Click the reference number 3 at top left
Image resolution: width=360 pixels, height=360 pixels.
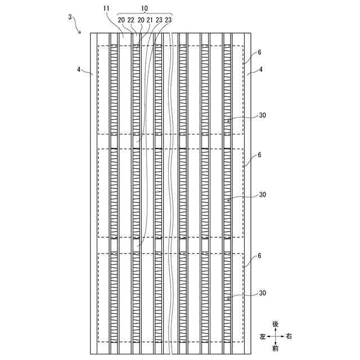click(x=70, y=17)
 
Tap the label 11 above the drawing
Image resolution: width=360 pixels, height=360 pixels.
click(x=107, y=8)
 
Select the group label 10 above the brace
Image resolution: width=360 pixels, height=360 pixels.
click(x=145, y=8)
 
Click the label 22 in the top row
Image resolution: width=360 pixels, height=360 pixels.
click(x=131, y=20)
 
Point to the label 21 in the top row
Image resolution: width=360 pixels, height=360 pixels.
click(x=150, y=20)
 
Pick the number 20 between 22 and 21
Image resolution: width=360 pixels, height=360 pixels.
click(x=141, y=20)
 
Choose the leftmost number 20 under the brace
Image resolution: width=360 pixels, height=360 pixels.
click(x=121, y=20)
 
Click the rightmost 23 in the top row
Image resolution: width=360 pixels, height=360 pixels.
click(x=168, y=20)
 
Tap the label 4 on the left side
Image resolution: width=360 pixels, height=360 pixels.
click(x=79, y=70)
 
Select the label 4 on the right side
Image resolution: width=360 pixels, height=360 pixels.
click(x=262, y=70)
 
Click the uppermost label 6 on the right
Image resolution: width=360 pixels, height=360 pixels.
click(x=259, y=52)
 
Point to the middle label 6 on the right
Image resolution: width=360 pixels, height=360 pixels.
click(x=259, y=154)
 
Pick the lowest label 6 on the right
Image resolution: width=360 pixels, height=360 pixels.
click(x=259, y=255)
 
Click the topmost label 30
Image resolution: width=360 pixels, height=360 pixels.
click(x=263, y=115)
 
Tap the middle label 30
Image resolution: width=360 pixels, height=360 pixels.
click(x=263, y=195)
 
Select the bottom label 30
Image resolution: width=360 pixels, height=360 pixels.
click(x=263, y=293)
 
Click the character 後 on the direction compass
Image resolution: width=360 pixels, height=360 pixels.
click(x=275, y=324)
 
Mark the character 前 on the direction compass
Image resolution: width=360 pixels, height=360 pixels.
click(x=275, y=349)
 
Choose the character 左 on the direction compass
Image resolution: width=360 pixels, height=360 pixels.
click(x=262, y=336)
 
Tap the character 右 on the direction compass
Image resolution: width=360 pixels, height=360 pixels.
click(x=289, y=336)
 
